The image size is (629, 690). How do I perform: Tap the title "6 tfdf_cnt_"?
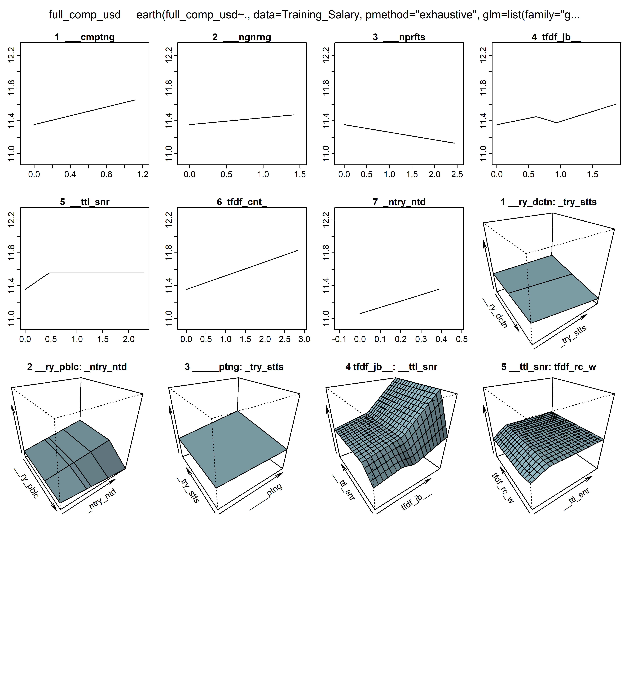coord(242,202)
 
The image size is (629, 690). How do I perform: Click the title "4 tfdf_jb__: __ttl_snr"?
coord(391,367)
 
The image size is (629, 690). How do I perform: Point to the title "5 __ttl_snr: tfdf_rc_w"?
coord(549,367)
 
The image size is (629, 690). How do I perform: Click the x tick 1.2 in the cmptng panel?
coord(143,174)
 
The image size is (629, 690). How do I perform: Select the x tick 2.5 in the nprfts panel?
coord(457,174)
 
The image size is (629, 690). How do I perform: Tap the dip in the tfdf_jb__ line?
coord(557,122)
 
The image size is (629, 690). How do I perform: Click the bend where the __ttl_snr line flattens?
coord(50,273)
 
